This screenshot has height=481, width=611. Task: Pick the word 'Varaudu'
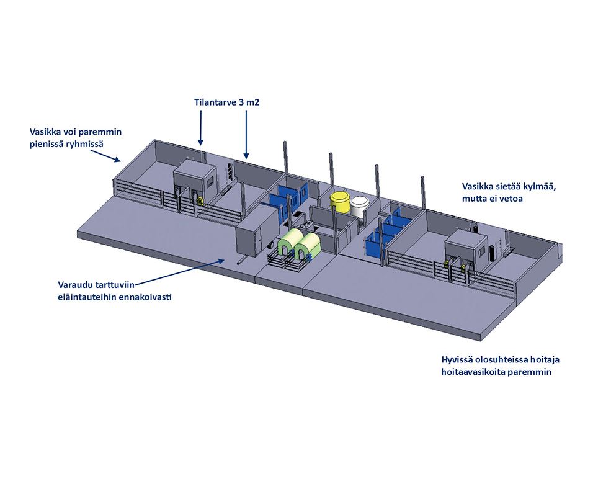(73, 285)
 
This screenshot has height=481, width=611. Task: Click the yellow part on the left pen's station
(200, 200)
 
